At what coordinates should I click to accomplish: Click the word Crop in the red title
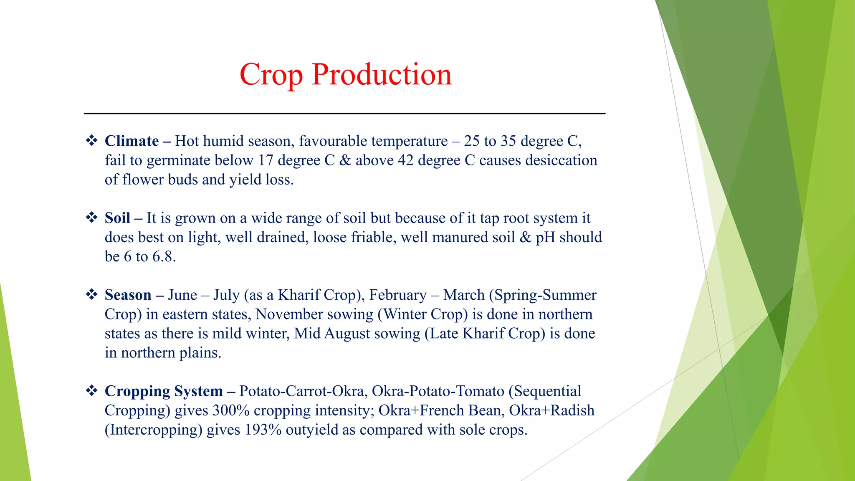(x=271, y=75)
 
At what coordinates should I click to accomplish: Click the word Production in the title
(x=382, y=74)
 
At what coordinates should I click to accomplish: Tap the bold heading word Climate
(x=132, y=141)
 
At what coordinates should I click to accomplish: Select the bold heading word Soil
(x=117, y=218)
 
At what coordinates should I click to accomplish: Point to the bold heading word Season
(x=128, y=295)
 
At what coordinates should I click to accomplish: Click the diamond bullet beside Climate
(x=91, y=140)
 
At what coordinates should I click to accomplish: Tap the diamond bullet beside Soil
(x=91, y=218)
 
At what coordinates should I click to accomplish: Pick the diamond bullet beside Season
(x=91, y=294)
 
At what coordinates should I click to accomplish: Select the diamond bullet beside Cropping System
(x=91, y=390)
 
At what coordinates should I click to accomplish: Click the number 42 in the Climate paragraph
(x=405, y=160)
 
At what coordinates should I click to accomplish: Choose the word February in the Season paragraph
(x=398, y=296)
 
